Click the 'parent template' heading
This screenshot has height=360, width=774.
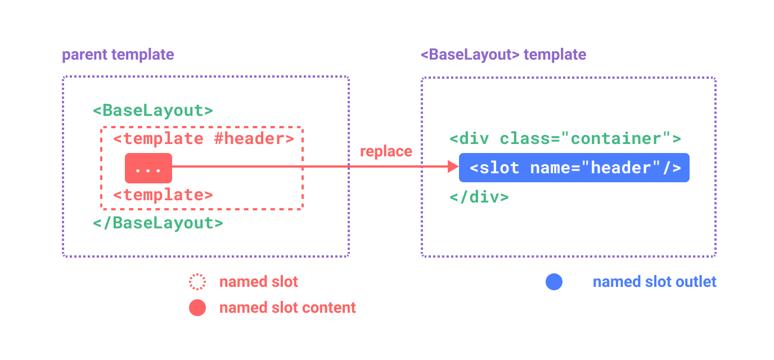[x=118, y=55]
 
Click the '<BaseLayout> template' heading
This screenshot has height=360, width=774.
[x=503, y=55]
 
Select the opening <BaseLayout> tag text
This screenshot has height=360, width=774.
[x=152, y=110]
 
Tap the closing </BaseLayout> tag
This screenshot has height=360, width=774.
[x=157, y=223]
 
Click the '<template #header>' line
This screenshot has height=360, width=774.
[x=203, y=138]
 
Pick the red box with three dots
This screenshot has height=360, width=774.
[x=148, y=168]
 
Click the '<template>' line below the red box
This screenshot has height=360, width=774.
[x=163, y=195]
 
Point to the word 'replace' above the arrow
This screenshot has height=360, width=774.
[x=386, y=151]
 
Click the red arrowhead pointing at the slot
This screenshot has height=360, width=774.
[x=453, y=166]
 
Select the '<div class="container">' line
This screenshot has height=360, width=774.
[x=565, y=138]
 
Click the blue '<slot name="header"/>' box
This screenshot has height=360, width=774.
[x=574, y=168]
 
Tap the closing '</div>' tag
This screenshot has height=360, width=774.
[x=479, y=197]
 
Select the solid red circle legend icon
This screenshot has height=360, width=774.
[x=197, y=308]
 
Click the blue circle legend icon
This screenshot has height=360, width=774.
[x=553, y=282]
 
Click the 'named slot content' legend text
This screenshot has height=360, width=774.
[x=287, y=308]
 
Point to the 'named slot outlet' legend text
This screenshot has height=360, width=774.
[x=654, y=282]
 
